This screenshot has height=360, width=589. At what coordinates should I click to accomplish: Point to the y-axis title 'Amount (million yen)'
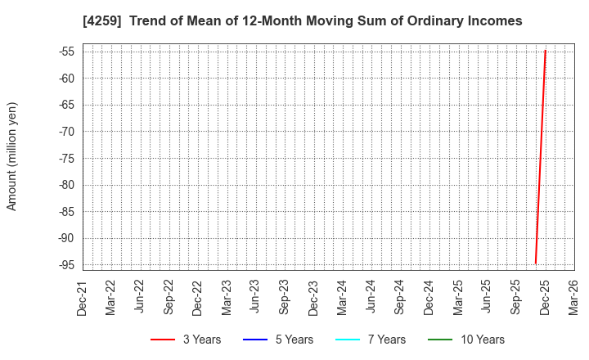coord(12,156)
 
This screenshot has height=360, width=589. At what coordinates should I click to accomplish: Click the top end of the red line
coord(545,51)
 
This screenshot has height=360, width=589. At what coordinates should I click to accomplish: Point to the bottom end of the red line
coord(536,263)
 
